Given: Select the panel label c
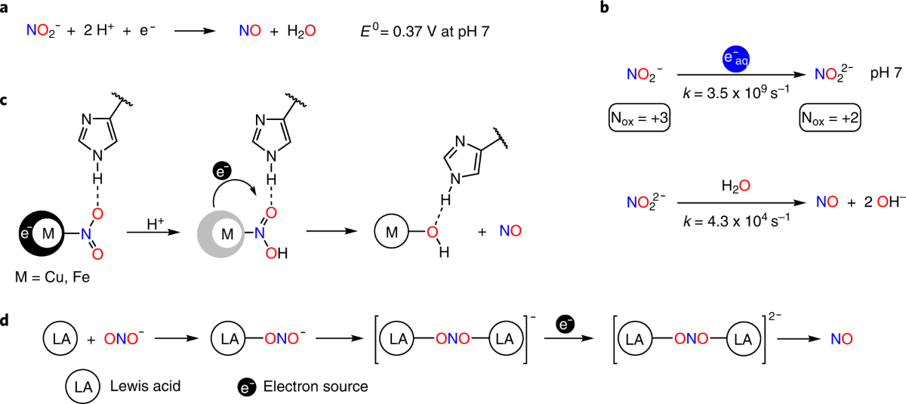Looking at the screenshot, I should point(7,101).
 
